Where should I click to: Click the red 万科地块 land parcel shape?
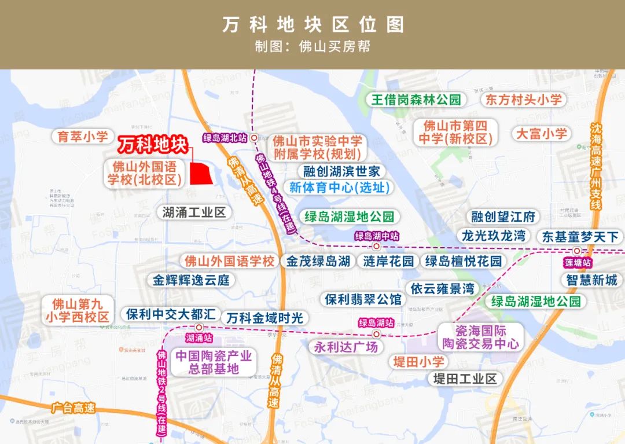click(x=200, y=173)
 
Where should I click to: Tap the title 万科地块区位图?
click(x=313, y=25)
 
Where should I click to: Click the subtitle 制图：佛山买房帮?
click(x=312, y=46)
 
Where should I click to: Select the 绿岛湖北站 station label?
click(x=225, y=138)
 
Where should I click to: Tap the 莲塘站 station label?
click(x=576, y=262)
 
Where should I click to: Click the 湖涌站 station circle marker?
click(x=198, y=328)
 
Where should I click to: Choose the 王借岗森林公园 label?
click(x=416, y=99)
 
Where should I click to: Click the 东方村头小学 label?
click(x=524, y=99)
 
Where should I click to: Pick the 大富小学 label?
click(x=542, y=134)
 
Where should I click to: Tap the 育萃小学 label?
click(x=83, y=137)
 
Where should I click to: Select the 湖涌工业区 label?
click(x=194, y=212)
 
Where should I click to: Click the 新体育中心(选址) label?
click(x=339, y=188)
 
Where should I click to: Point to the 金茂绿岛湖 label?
click(x=318, y=261)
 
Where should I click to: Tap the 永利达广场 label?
click(x=346, y=347)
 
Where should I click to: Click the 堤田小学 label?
click(x=418, y=362)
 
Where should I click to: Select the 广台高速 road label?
click(x=72, y=408)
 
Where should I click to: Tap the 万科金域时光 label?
click(x=264, y=318)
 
